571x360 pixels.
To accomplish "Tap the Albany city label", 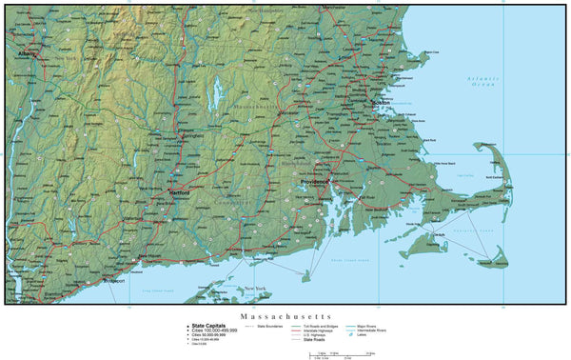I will [27, 54].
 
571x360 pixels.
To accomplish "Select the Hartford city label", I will [179, 192].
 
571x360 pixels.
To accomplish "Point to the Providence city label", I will [314, 181].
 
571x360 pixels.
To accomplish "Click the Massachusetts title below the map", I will [285, 314].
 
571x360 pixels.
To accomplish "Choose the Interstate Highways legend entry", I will [321, 330].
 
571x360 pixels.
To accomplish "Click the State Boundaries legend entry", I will [274, 325].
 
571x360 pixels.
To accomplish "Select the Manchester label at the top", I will [334, 7].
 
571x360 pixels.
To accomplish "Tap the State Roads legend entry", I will [317, 340].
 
